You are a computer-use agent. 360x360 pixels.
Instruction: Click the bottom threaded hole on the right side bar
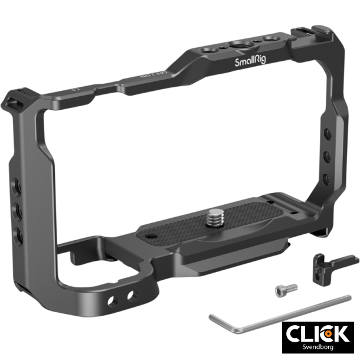coord(325,177)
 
